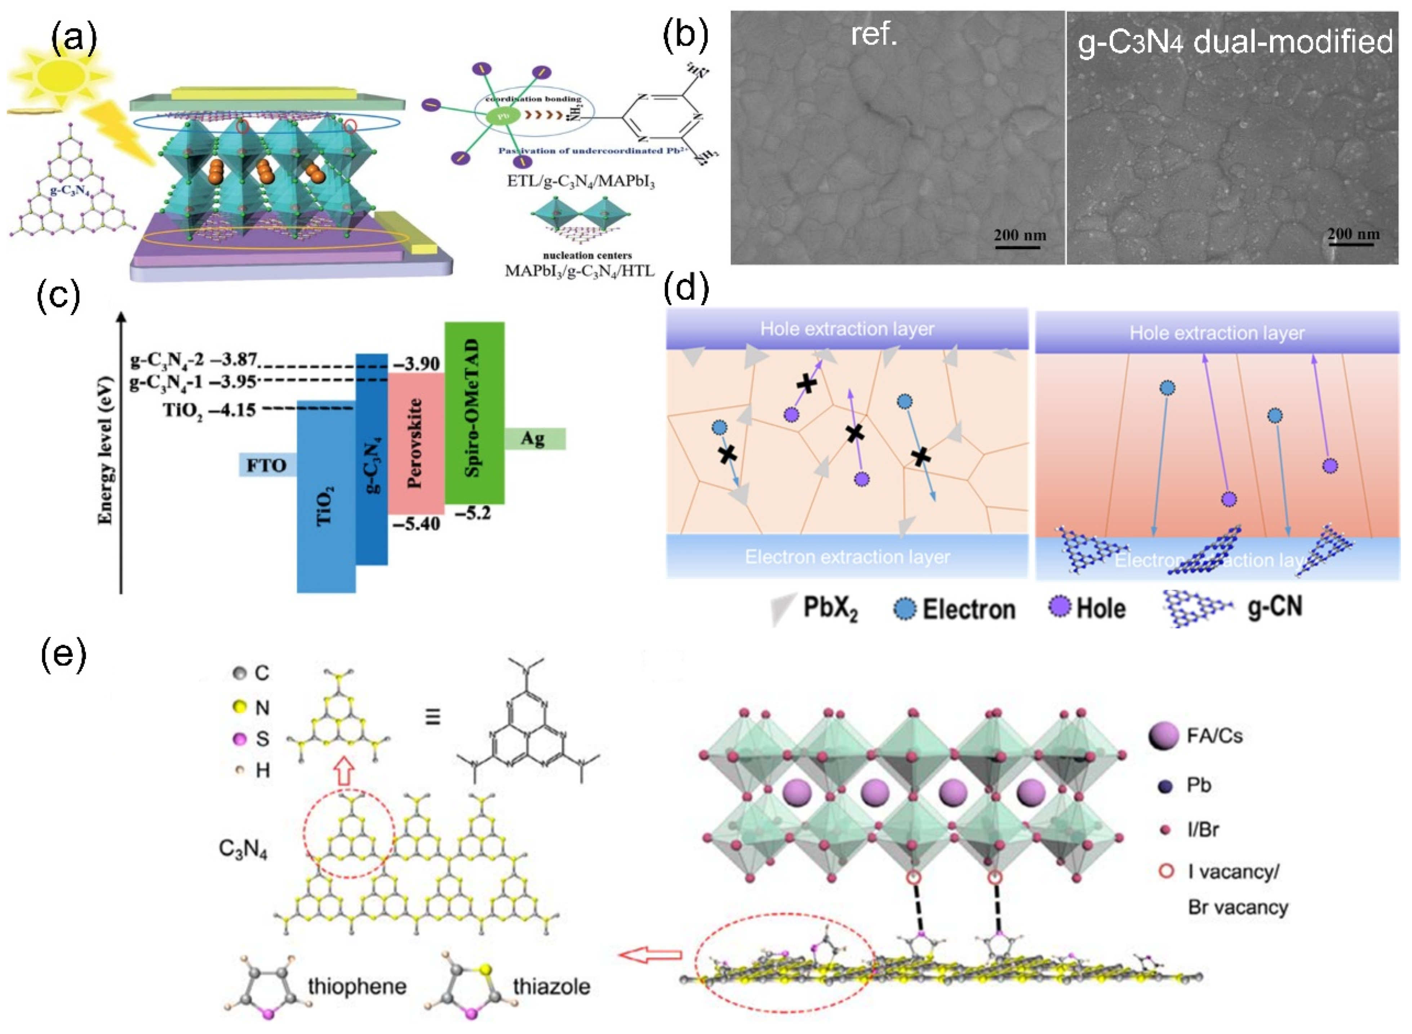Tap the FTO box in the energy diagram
pos(267,465)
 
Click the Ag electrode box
pos(534,438)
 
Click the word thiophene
pos(357,987)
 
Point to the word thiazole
pos(551,987)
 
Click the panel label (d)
pos(686,288)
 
